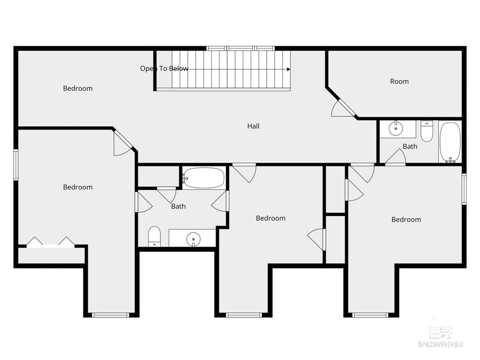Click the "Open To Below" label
(164, 69)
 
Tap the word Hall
(253, 126)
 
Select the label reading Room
(399, 82)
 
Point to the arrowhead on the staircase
(289, 69)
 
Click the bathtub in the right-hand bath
(450, 142)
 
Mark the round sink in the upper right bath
(396, 128)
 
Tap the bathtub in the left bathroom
(204, 178)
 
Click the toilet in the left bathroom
(155, 236)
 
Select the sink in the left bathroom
(193, 239)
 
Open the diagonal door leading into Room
(342, 107)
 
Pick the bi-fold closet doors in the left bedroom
(51, 243)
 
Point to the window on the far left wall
(16, 165)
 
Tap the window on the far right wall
(464, 189)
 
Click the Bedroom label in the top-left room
(78, 89)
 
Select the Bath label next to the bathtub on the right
(410, 147)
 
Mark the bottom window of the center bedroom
(244, 315)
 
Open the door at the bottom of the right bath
(395, 158)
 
